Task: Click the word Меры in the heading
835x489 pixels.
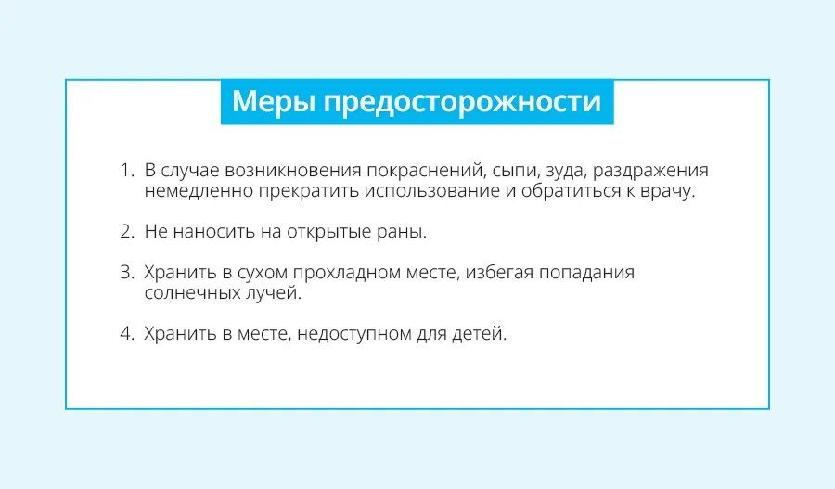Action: tap(274, 101)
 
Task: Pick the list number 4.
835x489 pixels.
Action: tap(127, 333)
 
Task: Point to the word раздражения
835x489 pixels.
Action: tap(650, 172)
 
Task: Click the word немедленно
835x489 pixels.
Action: tap(199, 192)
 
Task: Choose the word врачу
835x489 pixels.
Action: tap(668, 192)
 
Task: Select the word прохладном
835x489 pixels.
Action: tap(346, 273)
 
